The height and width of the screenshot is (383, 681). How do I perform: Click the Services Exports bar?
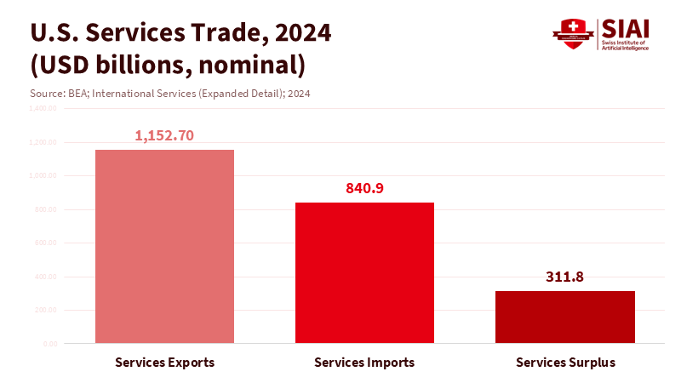pyautogui.click(x=164, y=247)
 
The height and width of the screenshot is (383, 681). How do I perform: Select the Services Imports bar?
pyautogui.click(x=364, y=272)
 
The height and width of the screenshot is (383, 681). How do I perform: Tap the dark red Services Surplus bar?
pyautogui.click(x=564, y=317)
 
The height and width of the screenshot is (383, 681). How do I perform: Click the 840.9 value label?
pyautogui.click(x=365, y=188)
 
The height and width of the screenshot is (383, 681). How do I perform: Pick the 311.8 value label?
pyautogui.click(x=564, y=277)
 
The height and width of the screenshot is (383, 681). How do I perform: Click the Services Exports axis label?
pyautogui.click(x=164, y=363)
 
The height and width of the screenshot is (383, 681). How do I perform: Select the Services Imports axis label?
pyautogui.click(x=364, y=363)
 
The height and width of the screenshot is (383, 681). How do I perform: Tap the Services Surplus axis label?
pyautogui.click(x=565, y=363)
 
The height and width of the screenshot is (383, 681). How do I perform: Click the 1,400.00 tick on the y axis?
pyautogui.click(x=42, y=108)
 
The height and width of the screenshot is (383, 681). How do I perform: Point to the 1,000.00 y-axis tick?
pyautogui.click(x=42, y=175)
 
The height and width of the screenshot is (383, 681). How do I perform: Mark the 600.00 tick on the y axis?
pyautogui.click(x=44, y=243)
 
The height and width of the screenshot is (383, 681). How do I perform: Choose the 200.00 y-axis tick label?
pyautogui.click(x=44, y=310)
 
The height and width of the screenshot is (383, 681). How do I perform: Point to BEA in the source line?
pyautogui.click(x=77, y=93)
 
